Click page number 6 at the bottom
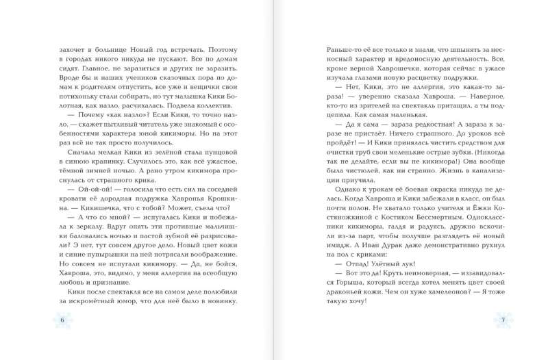tap(62, 321)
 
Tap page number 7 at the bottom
tap(503, 321)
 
